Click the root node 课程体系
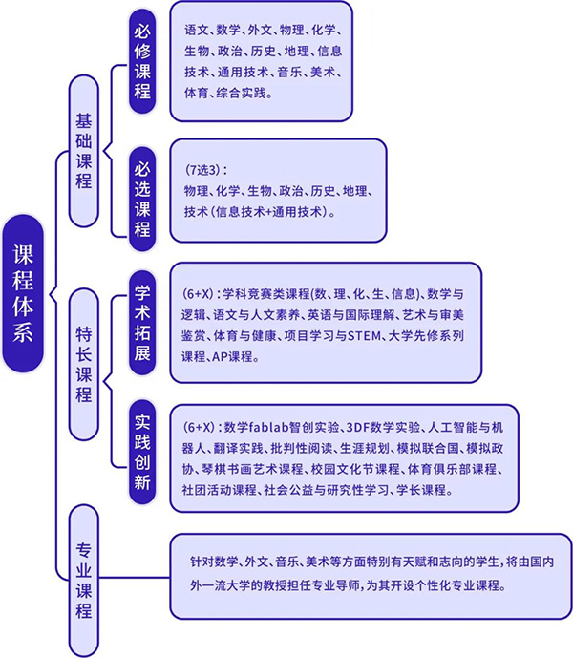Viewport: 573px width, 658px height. coord(23,293)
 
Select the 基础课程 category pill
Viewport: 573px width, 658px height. coord(83,151)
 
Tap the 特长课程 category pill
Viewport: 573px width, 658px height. coord(83,364)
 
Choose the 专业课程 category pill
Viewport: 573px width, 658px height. coord(83,581)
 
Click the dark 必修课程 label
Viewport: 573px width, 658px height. coord(142,61)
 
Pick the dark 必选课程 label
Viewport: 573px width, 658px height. coord(142,199)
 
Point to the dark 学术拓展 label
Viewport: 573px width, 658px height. coord(142,323)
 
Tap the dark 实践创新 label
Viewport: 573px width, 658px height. coord(142,452)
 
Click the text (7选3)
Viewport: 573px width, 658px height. coord(203,170)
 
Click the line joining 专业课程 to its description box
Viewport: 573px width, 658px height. coord(135,578)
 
